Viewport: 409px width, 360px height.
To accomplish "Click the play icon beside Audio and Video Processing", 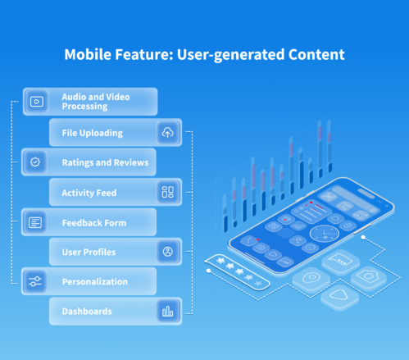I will (x=35, y=102).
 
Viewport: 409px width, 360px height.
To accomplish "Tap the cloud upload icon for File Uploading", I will (x=168, y=132).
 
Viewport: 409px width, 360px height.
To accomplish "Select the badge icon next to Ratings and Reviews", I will (x=35, y=162).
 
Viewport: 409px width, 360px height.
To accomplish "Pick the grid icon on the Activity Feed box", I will (x=168, y=192).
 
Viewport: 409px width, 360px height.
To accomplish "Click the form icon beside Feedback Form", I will (x=35, y=222).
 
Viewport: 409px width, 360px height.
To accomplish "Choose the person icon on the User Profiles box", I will (x=168, y=252).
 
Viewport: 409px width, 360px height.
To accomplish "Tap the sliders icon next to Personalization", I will (x=35, y=281).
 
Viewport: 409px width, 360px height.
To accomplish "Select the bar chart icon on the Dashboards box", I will (x=168, y=311).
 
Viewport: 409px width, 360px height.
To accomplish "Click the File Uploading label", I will (x=92, y=133).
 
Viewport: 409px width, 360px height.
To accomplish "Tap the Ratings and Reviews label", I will (x=105, y=162).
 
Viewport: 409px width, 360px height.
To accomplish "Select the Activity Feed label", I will (x=89, y=193).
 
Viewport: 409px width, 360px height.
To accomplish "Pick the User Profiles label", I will (x=89, y=252).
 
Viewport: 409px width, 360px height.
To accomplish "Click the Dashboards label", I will (x=87, y=312).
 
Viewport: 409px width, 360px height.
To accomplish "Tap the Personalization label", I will (x=94, y=282).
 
